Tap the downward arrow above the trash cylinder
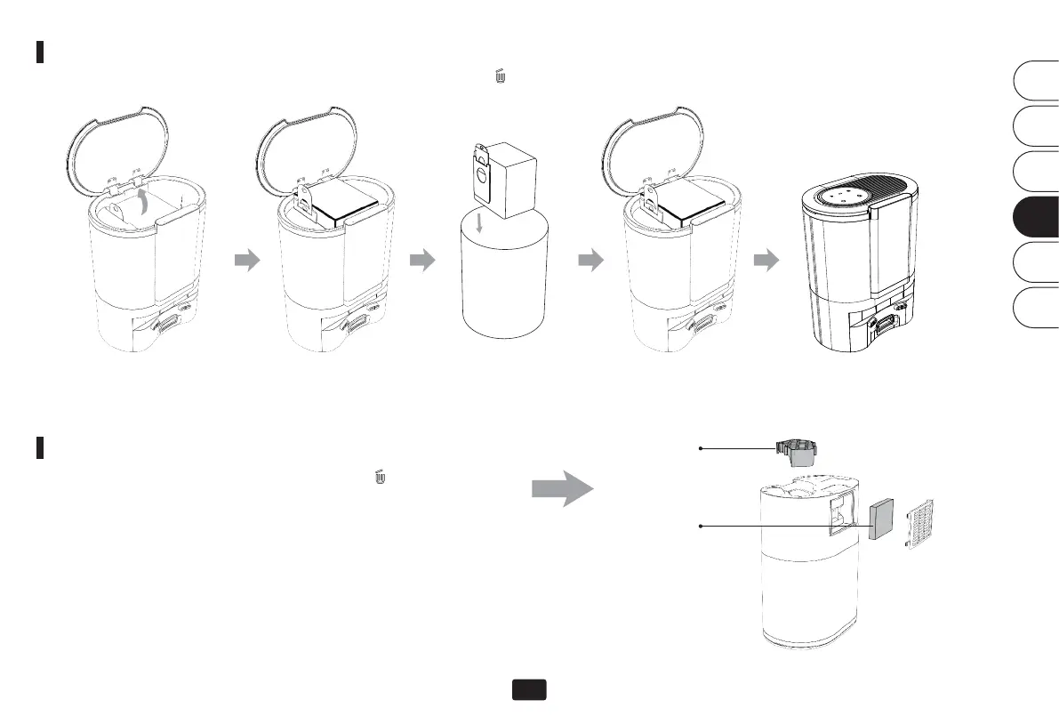point(480,222)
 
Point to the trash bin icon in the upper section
point(501,78)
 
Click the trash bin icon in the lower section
point(381,478)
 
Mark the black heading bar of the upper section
point(40,52)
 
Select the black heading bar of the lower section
point(40,446)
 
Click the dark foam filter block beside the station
point(882,519)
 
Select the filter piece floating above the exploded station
point(797,453)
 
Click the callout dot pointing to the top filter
point(702,449)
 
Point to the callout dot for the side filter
point(702,527)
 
